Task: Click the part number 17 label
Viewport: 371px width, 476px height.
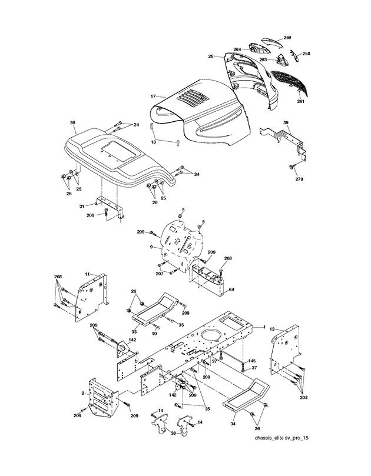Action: point(152,96)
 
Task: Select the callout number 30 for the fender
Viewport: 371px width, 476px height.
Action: point(72,123)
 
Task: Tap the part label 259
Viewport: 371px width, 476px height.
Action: point(287,38)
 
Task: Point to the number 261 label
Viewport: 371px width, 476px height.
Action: point(300,102)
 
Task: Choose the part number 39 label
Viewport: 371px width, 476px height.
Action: point(286,122)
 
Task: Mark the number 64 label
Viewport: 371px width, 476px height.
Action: point(231,289)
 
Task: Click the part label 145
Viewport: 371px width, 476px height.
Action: point(251,361)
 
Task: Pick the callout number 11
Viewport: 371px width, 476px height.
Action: point(86,274)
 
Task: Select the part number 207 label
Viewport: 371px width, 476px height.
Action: point(159,274)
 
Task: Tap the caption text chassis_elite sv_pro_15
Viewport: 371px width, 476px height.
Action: point(281,455)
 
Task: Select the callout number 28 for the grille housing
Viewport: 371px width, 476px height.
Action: point(210,56)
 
